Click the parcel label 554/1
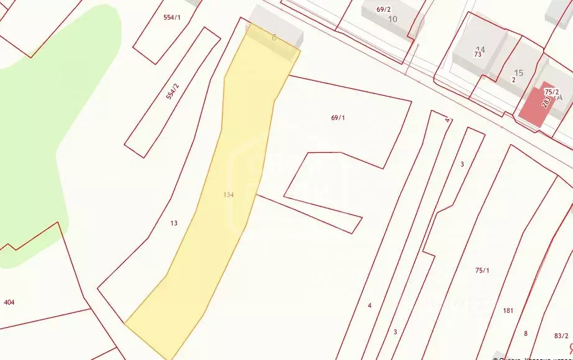click(x=172, y=18)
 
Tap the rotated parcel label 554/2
click(x=172, y=92)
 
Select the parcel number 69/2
click(x=383, y=9)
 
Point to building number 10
click(x=392, y=19)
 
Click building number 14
click(x=480, y=49)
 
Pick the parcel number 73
click(x=477, y=55)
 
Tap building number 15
click(x=518, y=73)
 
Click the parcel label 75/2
click(x=551, y=91)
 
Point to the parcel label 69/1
click(x=337, y=118)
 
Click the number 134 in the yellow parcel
click(x=228, y=195)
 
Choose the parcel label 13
click(x=173, y=223)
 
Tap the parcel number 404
click(x=9, y=302)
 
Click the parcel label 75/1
click(x=482, y=270)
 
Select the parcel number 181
click(x=508, y=310)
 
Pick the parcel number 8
click(x=525, y=333)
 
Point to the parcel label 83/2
click(x=561, y=336)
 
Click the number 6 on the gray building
click(x=274, y=37)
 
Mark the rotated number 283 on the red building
click(x=546, y=101)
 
